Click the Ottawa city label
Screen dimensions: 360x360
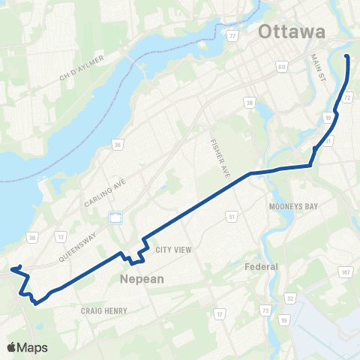pos(292,32)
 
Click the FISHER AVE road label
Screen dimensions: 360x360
pos(223,148)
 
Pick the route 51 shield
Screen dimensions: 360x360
pos(232,216)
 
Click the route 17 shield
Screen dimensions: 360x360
pos(220,313)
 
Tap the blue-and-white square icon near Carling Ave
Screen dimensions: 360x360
pos(115,218)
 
